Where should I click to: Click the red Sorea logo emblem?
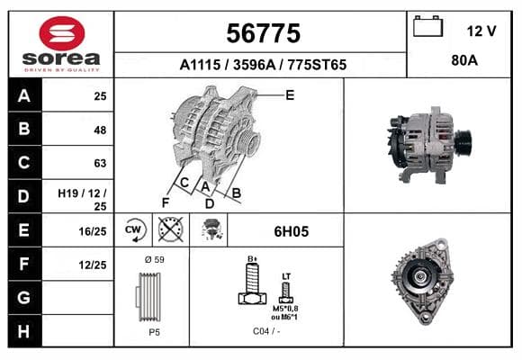click(62, 33)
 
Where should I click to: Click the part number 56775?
click(264, 33)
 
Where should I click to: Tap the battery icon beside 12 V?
click(427, 26)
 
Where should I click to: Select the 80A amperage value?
click(464, 60)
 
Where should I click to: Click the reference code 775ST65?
click(317, 65)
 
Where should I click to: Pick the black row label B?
click(24, 129)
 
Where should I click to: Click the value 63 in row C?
click(100, 163)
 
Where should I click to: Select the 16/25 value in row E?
click(93, 231)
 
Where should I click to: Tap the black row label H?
click(23, 331)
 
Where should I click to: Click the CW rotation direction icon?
click(134, 229)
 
